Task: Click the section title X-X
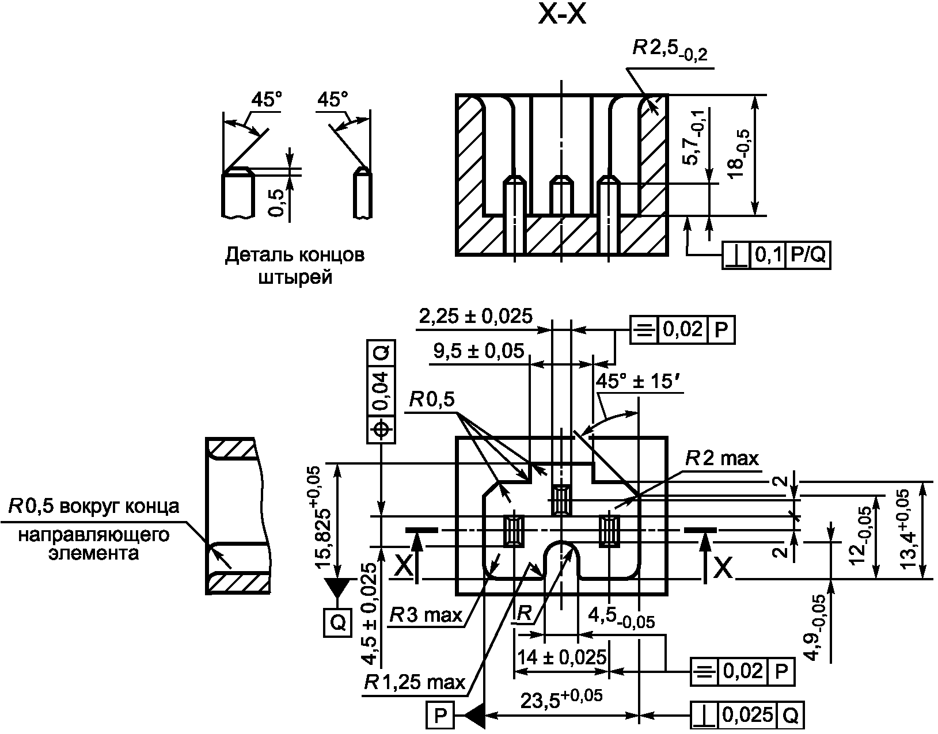click(x=562, y=15)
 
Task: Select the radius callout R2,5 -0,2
click(x=670, y=51)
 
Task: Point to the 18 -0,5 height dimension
click(x=739, y=154)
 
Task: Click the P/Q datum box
click(x=808, y=256)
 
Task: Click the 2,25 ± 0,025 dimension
click(x=476, y=316)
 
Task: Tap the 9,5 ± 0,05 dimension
click(x=479, y=351)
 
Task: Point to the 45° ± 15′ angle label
click(x=634, y=382)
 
